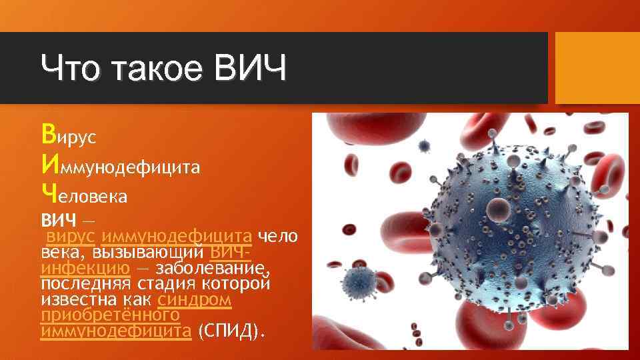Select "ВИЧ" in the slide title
[250, 69]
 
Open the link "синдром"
[205, 300]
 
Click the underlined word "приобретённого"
[110, 315]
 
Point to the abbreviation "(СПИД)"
[231, 331]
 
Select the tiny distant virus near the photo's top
[423, 145]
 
